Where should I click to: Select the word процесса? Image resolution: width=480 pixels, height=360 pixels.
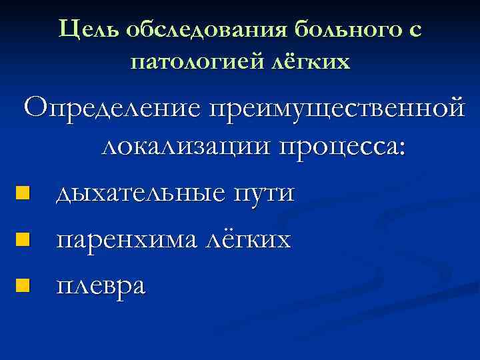[339, 147]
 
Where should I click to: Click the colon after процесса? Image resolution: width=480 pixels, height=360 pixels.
[401, 149]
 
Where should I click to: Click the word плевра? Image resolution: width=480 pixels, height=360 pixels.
[100, 285]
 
